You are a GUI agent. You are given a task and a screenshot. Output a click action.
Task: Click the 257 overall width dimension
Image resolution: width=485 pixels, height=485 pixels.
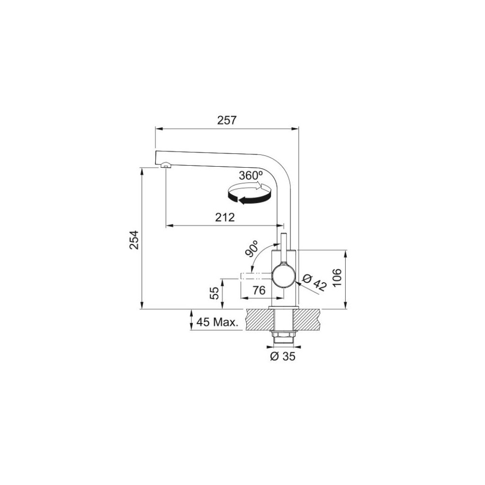coord(226,120)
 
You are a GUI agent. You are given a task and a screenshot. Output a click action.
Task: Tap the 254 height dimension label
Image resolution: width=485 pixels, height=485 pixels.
coord(134,240)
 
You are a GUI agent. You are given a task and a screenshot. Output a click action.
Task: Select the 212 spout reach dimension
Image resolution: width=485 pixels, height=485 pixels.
coord(225,217)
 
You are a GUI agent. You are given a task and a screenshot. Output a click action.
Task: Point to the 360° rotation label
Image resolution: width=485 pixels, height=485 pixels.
coord(251,176)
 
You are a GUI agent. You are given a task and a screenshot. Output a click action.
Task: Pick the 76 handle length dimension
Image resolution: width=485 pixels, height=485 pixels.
coord(259,290)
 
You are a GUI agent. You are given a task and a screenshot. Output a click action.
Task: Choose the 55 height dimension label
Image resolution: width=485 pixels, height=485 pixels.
coord(215,293)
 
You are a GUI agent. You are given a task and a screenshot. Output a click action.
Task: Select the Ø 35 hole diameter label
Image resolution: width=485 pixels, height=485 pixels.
coord(283,356)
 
